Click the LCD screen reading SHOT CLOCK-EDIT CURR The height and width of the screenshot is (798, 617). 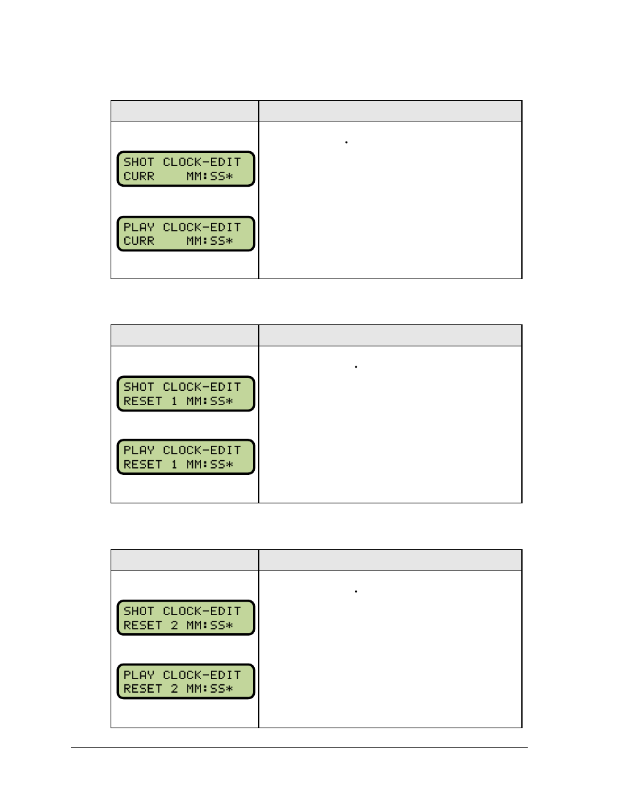click(x=186, y=169)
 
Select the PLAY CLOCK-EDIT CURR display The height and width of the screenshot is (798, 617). click(x=186, y=234)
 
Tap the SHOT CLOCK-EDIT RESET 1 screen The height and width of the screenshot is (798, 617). click(x=186, y=394)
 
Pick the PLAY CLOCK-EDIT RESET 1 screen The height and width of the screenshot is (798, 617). click(x=186, y=457)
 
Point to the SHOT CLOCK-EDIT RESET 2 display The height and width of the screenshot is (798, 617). click(x=186, y=618)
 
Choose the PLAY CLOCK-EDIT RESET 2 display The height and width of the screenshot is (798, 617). click(x=186, y=682)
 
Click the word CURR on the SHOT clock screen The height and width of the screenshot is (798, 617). click(x=139, y=176)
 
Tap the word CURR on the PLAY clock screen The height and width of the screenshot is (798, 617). click(x=139, y=241)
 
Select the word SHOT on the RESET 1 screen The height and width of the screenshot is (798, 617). click(x=139, y=387)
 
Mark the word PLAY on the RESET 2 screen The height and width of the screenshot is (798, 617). click(x=139, y=675)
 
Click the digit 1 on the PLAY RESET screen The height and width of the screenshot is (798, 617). click(x=174, y=465)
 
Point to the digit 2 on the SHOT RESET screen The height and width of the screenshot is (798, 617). click(x=174, y=625)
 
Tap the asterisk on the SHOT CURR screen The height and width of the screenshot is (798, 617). click(x=229, y=176)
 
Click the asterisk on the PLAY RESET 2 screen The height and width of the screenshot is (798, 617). click(x=229, y=689)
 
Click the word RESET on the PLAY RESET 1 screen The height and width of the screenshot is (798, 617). click(x=143, y=465)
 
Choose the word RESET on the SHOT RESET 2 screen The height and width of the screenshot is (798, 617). click(x=143, y=625)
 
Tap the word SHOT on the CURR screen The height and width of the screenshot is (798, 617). click(x=139, y=162)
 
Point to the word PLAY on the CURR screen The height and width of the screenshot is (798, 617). click(x=139, y=227)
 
